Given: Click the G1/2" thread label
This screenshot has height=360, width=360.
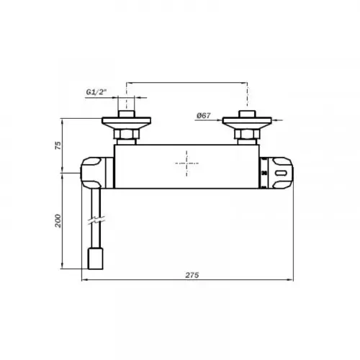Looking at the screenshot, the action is tap(96, 92).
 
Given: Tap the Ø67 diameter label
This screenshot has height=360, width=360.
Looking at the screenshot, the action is tap(204, 116).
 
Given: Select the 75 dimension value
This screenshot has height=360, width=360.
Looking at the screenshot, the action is tap(58, 145).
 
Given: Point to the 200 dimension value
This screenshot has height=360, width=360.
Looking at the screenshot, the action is tap(58, 221).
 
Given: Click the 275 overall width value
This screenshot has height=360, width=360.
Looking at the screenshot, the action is tap(192, 275).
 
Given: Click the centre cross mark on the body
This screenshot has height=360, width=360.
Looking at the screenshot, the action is tap(186, 163).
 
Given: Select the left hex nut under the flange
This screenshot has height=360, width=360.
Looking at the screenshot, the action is tap(126, 134).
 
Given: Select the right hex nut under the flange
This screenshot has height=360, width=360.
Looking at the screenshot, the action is tap(247, 134).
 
